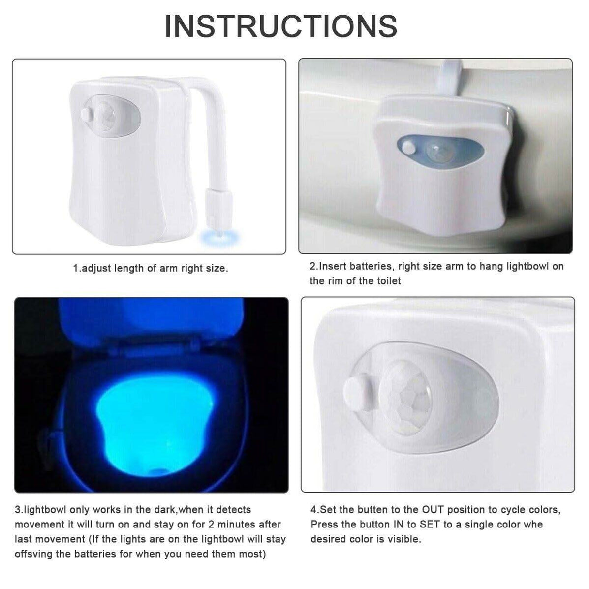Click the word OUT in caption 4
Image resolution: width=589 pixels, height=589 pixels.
point(433,510)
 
